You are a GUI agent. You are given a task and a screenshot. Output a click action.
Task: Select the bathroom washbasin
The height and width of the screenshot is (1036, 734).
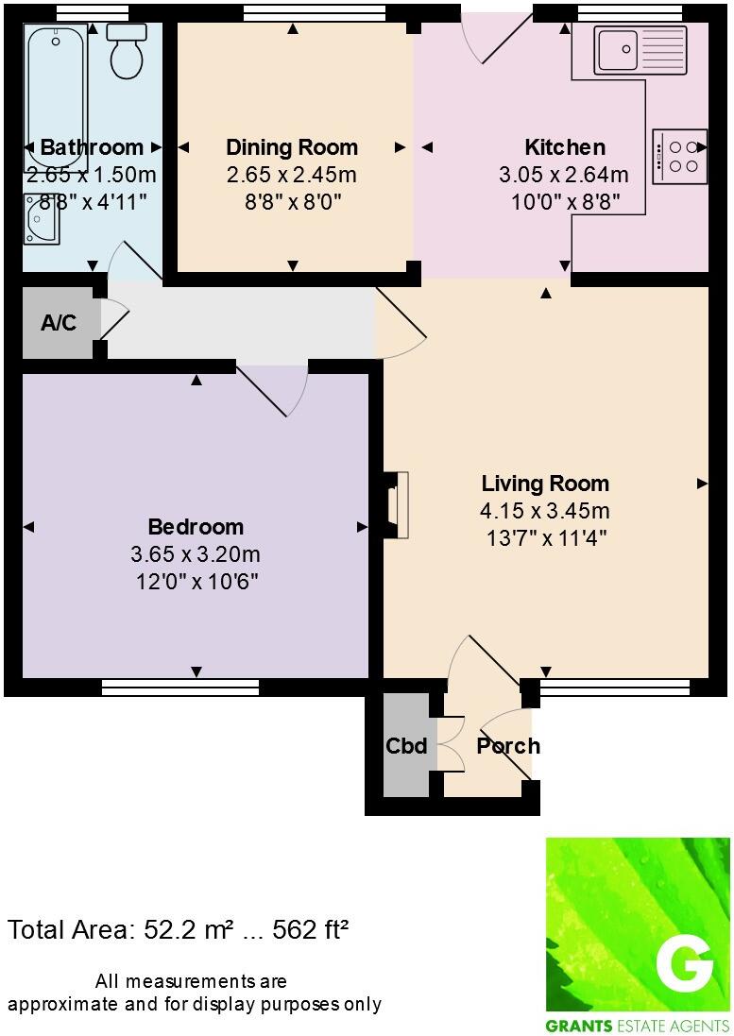(43, 218)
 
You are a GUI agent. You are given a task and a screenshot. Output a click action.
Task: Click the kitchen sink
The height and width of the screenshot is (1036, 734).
(625, 49)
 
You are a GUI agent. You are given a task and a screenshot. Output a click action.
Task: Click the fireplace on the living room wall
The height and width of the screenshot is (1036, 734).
(398, 505)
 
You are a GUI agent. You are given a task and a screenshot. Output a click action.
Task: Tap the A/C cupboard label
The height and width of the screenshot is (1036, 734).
(59, 323)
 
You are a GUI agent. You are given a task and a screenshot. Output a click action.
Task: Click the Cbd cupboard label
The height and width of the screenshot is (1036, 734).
(406, 746)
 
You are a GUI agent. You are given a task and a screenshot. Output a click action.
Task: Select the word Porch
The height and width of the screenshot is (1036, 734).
(508, 746)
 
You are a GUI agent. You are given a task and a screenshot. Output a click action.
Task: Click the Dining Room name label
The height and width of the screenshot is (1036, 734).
(292, 147)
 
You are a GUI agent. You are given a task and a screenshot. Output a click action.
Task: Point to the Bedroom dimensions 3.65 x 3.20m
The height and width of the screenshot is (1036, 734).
(196, 553)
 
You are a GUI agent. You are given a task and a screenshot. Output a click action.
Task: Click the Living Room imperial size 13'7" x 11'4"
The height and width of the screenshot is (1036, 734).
(544, 538)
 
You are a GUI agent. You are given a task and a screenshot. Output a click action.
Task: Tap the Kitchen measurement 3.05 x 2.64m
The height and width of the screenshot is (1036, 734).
(564, 175)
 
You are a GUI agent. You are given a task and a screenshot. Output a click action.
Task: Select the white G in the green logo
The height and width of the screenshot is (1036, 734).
(684, 964)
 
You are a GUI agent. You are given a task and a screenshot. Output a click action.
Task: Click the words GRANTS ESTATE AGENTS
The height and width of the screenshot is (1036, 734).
(638, 1026)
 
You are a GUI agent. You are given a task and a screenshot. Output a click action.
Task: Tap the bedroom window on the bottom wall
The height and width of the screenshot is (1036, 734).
(179, 688)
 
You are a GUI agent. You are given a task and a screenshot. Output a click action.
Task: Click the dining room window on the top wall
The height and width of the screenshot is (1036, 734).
(314, 11)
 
